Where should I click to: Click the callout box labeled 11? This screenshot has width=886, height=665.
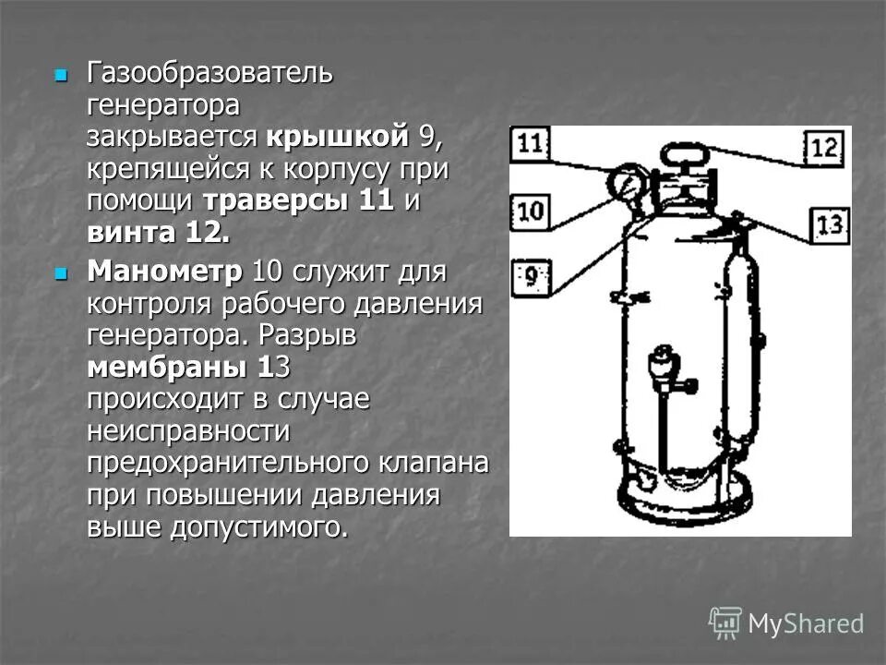pyautogui.click(x=530, y=144)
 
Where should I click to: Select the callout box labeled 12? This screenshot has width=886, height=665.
pyautogui.click(x=823, y=148)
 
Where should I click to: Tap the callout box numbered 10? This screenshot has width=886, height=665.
pyautogui.click(x=530, y=212)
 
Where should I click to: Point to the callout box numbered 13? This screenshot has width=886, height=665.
pyautogui.click(x=830, y=225)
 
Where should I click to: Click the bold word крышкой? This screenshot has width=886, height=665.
pyautogui.click(x=337, y=137)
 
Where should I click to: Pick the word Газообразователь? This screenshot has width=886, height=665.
pyautogui.click(x=210, y=72)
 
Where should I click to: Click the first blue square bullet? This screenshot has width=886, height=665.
pyautogui.click(x=62, y=74)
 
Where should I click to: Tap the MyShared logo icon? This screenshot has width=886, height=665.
pyautogui.click(x=725, y=623)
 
